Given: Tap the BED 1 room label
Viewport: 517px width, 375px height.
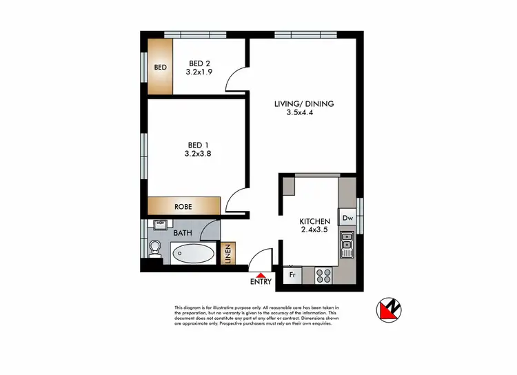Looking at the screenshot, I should coord(198,145).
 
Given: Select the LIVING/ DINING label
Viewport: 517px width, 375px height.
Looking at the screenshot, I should coord(304,104).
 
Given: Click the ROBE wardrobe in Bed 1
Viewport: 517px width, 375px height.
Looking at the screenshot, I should coord(183,206).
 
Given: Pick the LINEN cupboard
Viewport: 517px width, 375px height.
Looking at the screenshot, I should coord(228,253).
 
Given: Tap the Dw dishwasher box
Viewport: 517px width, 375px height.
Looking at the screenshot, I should coord(347,219).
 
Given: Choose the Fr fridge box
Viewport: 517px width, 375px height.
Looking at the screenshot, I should coord(292,275).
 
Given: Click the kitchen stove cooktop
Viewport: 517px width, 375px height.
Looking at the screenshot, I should coord(323,275).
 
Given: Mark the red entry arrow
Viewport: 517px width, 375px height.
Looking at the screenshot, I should coord(261,274).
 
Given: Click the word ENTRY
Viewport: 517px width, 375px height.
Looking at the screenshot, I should coord(261,282).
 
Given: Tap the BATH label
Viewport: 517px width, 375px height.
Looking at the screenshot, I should coord(183,233).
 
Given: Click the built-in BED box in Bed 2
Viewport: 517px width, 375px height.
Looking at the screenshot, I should coord(161,67).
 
